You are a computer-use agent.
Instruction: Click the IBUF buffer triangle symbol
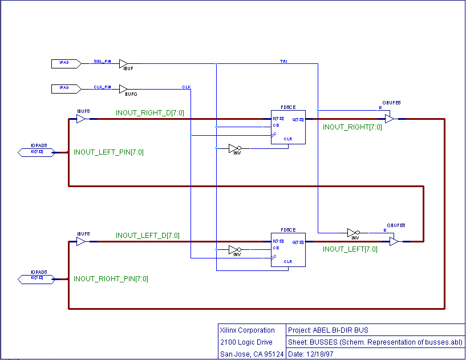coord(123,63)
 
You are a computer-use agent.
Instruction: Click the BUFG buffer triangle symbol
coord(123,89)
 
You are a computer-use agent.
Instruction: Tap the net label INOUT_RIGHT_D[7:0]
coord(149,113)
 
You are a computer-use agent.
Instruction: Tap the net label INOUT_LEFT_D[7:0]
coord(147,236)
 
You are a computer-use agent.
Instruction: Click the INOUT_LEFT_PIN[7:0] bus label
coord(108,152)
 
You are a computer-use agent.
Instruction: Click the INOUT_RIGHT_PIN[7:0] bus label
coord(111,279)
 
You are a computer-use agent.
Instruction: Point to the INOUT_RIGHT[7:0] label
coord(352,127)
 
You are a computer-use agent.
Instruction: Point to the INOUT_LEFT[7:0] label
coord(350,249)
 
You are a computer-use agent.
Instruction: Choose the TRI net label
coord(283,61)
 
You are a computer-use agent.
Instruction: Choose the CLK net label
coord(187,87)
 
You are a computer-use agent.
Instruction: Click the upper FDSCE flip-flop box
coord(288,127)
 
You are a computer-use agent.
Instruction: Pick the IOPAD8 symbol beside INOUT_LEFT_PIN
coord(38,152)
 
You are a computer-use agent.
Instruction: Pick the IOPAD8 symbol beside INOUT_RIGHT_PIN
coord(38,278)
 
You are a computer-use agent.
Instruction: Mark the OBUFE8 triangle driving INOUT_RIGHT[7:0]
coord(389,119)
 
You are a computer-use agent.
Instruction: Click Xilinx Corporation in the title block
coord(247,330)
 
